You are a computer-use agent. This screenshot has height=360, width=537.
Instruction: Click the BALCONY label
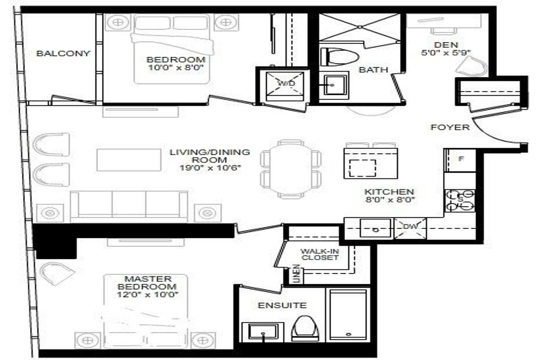tap(63, 53)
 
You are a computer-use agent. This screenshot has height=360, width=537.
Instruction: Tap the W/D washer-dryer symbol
tap(285, 86)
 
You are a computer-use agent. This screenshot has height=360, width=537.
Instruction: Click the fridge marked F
tap(460, 160)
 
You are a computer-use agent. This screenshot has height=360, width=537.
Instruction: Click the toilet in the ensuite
tap(305, 329)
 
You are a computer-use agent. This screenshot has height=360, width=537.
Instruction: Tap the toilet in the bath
tap(340, 57)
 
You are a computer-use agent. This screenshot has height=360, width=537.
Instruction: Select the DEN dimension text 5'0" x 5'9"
tap(446, 52)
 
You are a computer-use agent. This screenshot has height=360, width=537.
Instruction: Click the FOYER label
tap(450, 127)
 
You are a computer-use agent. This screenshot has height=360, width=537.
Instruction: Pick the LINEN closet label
tap(297, 274)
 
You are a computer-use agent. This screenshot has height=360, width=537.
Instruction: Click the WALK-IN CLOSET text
tap(320, 254)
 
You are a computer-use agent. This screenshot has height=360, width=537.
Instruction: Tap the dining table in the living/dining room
tap(290, 169)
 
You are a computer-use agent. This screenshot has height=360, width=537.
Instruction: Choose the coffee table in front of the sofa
tap(129, 160)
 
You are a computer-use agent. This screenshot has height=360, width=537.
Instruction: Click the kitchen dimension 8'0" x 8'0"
tap(390, 199)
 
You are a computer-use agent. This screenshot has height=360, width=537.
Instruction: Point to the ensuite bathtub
tap(348, 315)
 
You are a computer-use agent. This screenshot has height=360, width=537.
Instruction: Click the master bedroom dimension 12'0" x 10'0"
tap(148, 294)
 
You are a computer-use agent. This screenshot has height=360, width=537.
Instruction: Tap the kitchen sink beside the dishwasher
tap(375, 228)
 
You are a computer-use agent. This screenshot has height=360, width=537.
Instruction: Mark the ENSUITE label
tap(282, 305)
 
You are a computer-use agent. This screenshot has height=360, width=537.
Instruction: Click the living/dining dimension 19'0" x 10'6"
tap(210, 168)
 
